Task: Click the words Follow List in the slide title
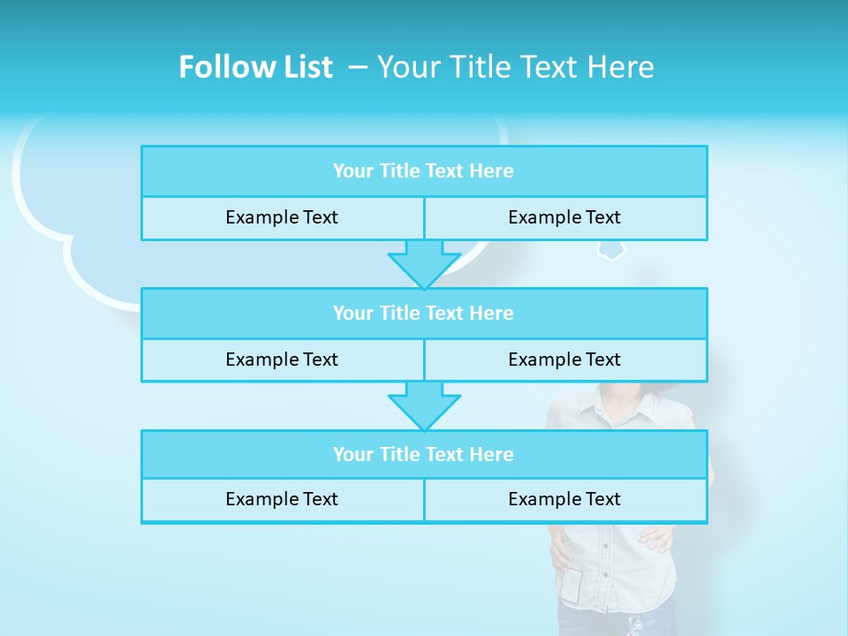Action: pos(255,67)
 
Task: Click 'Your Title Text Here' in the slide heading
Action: pos(516,67)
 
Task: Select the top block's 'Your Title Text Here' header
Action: pos(423,171)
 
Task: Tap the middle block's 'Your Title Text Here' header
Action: pos(423,314)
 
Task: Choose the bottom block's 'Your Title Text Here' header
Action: pos(423,455)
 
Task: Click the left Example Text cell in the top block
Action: pos(282,218)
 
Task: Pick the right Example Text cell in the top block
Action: pos(564,218)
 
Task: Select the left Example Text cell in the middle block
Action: pos(282,360)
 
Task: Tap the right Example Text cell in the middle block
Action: pos(564,360)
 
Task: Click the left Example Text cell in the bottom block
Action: pos(282,500)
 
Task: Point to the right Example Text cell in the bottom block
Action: pos(564,500)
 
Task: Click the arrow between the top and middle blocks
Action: pos(424,263)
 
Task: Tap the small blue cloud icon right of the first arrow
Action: pos(610,252)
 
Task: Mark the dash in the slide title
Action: pos(358,67)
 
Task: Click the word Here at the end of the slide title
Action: pos(624,67)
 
